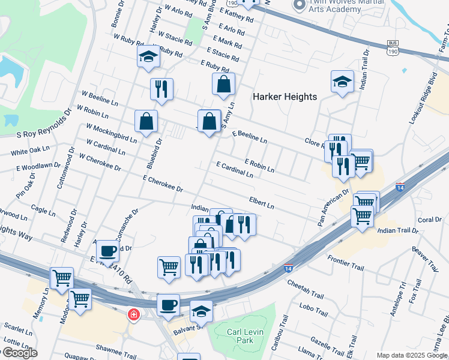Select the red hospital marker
click(133, 314)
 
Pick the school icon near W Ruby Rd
click(147, 57)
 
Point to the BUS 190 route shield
click(393, 48)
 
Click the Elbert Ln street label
click(262, 203)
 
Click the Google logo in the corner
click(19, 353)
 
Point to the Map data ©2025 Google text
click(412, 355)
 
